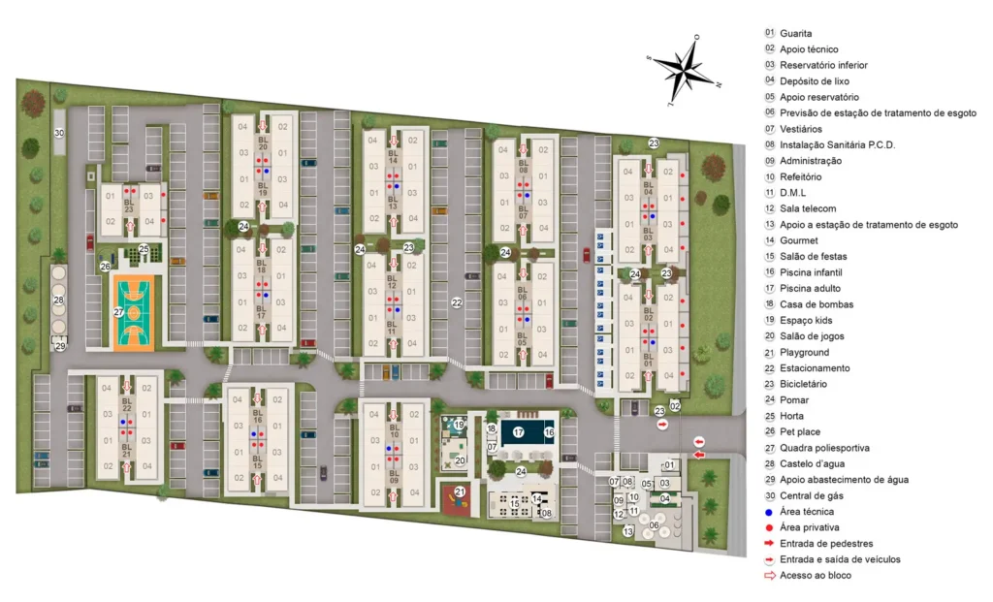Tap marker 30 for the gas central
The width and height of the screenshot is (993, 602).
[58, 133]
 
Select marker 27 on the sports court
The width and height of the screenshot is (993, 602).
[118, 312]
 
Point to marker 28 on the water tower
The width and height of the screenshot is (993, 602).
[58, 301]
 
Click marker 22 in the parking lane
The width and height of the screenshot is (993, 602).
[457, 302]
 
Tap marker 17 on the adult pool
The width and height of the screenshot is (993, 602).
[519, 432]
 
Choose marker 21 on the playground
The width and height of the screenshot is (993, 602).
[461, 491]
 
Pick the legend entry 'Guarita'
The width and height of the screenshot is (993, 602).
[794, 33]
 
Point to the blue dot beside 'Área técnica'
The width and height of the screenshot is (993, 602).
[770, 511]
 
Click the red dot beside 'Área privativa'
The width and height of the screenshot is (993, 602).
[770, 527]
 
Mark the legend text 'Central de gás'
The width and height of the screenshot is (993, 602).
[810, 495]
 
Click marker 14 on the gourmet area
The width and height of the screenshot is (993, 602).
[536, 499]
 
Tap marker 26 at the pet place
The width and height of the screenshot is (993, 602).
[105, 266]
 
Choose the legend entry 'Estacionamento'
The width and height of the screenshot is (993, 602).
[815, 368]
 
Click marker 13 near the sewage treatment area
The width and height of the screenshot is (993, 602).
[628, 531]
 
